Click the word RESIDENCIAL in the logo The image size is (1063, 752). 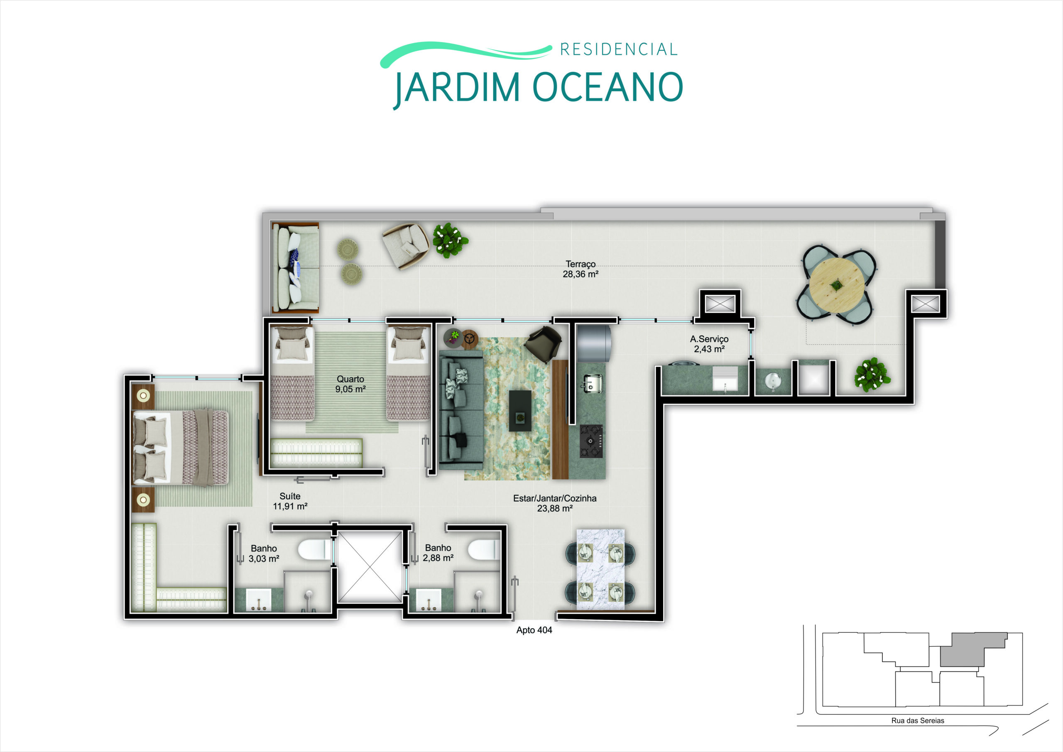(619, 49)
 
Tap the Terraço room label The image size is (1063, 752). (580, 269)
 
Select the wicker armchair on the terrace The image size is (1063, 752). (406, 245)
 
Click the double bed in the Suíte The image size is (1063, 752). (181, 448)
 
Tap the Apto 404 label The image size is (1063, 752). (534, 630)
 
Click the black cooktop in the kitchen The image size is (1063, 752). (591, 441)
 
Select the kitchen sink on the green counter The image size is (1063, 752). (592, 383)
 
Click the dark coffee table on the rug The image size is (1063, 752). (520, 410)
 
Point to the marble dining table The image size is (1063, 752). (600, 568)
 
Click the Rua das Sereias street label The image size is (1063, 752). (918, 720)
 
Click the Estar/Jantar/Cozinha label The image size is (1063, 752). (555, 503)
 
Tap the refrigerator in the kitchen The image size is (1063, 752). (593, 341)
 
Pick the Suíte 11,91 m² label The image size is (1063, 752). (290, 502)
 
